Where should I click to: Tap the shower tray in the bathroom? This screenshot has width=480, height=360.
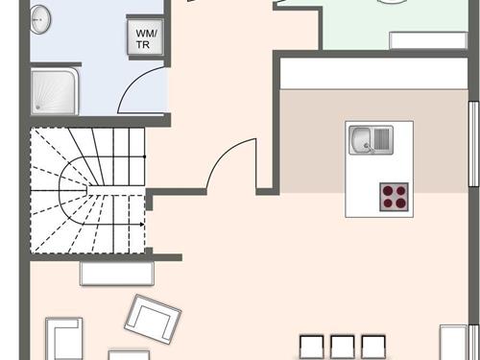(54, 91)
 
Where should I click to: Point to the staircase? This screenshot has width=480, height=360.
(88, 192)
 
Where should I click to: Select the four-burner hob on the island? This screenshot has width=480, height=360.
(394, 196)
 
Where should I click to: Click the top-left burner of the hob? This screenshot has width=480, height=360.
(387, 189)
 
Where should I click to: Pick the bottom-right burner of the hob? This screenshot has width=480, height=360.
(401, 203)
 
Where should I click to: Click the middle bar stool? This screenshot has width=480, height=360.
(342, 347)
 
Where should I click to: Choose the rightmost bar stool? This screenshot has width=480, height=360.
(372, 347)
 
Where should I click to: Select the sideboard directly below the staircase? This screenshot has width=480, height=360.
(112, 274)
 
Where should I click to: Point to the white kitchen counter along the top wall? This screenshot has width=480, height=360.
(374, 74)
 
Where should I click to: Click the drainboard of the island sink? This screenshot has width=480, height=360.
(382, 140)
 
